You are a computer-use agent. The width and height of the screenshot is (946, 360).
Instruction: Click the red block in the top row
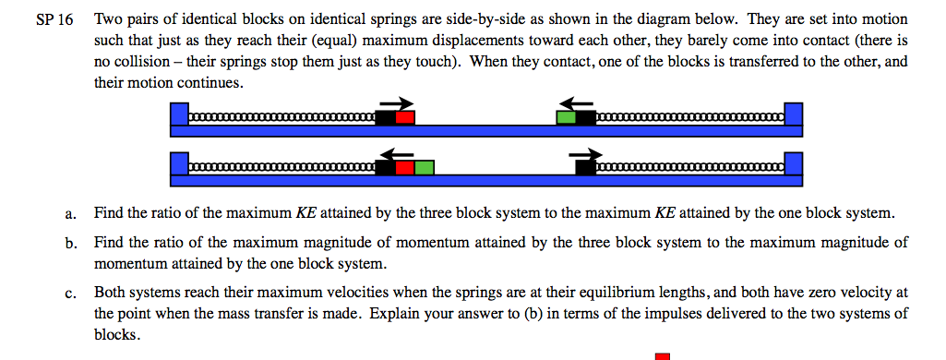(x=405, y=117)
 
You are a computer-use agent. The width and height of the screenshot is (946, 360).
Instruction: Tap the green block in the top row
(x=566, y=117)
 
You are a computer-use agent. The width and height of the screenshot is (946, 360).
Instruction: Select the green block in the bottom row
(x=424, y=167)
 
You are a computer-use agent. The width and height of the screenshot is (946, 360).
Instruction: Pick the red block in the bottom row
(x=404, y=167)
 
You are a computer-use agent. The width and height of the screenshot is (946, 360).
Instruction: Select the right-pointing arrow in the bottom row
(x=585, y=152)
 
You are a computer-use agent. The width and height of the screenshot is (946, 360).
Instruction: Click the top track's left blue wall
(x=179, y=115)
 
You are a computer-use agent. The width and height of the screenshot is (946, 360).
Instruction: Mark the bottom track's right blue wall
(x=794, y=165)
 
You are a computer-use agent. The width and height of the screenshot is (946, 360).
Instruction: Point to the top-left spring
(x=282, y=118)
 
